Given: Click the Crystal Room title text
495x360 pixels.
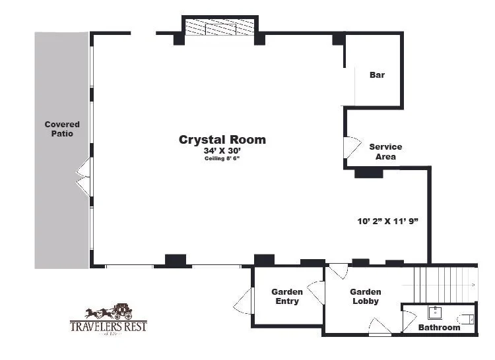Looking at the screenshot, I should point(222,139).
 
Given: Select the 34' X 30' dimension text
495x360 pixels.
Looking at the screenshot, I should point(222,150).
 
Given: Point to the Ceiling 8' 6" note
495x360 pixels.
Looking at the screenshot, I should point(222,158).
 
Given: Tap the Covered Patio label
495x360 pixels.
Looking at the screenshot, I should point(62,129).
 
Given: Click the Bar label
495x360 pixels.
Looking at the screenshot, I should point(377,75).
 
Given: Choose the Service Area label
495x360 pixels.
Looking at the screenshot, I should point(385,152).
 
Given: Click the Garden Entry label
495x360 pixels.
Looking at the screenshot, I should point(287,297).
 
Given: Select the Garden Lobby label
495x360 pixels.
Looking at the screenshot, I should point(365,297).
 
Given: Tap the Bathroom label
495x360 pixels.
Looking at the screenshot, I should point(439,327).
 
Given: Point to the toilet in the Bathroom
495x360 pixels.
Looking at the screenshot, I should point(467,319).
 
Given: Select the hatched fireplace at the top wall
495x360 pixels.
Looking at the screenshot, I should point(220,28).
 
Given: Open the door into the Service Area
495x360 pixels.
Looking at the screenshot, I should point(350,146).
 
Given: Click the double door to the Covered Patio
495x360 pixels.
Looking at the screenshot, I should point(82,177).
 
